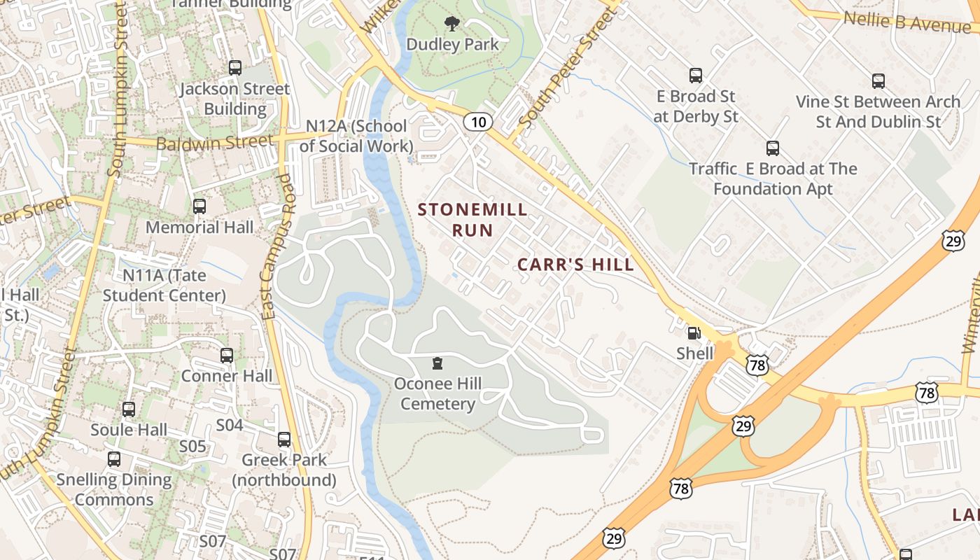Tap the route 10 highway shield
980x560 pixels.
pyautogui.click(x=477, y=122)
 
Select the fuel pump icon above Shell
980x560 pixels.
pyautogui.click(x=694, y=334)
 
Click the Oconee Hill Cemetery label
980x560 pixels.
pyautogui.click(x=437, y=393)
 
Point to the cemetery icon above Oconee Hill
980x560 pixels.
pyautogui.click(x=437, y=363)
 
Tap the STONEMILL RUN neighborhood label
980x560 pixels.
pyautogui.click(x=472, y=219)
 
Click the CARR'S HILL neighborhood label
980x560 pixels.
pyautogui.click(x=575, y=264)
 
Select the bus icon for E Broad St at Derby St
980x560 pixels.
pyautogui.click(x=695, y=76)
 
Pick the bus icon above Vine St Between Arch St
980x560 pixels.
pyautogui.click(x=878, y=81)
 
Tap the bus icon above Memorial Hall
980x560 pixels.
pyautogui.click(x=199, y=206)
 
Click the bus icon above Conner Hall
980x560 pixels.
pyautogui.click(x=227, y=356)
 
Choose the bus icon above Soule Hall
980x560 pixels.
pyautogui.click(x=129, y=409)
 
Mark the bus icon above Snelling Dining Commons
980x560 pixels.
pyautogui.click(x=114, y=459)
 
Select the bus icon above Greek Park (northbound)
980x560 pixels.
pyautogui.click(x=284, y=440)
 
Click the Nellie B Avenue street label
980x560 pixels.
pyautogui.click(x=907, y=22)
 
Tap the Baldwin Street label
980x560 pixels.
pyautogui.click(x=214, y=142)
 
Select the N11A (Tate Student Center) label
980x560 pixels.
pyautogui.click(x=164, y=285)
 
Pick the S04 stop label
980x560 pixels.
pyautogui.click(x=229, y=425)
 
